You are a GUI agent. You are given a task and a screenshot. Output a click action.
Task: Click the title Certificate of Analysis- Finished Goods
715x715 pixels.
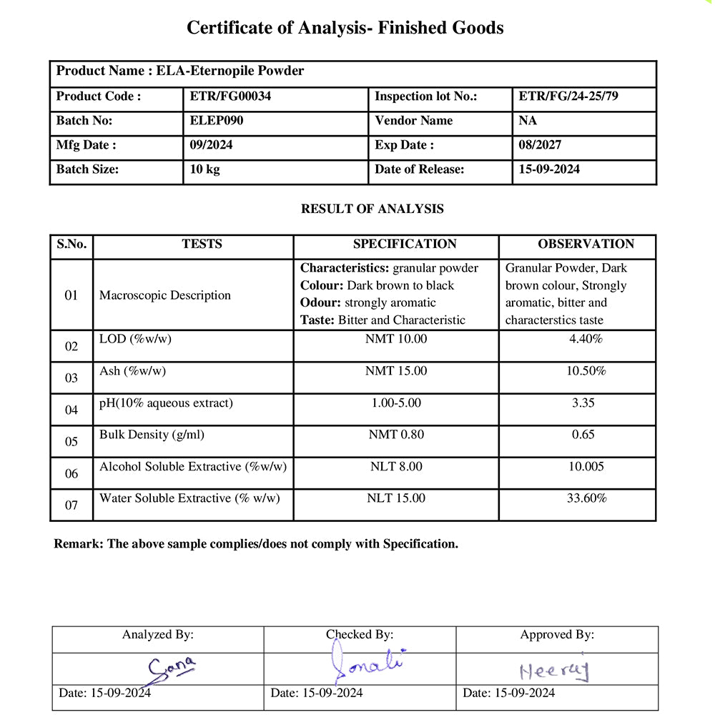pos(345,28)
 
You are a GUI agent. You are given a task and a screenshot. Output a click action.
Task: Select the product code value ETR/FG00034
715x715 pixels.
pos(230,97)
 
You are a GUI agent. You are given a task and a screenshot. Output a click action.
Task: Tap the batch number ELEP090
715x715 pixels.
pos(217,121)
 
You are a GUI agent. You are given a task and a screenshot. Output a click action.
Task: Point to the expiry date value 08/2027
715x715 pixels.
pos(540,145)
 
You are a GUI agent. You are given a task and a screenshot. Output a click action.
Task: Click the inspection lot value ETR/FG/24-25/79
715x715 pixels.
pos(568,97)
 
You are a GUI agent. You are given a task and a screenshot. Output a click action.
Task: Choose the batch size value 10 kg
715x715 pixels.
pos(205,169)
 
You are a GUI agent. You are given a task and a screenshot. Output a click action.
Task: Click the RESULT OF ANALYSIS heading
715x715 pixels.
pos(372,209)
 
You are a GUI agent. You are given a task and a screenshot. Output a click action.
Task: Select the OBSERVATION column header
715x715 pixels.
pos(586,244)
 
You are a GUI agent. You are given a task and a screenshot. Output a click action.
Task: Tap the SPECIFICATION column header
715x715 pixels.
pos(405,244)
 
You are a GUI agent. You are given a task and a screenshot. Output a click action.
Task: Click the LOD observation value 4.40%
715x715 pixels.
pos(586,339)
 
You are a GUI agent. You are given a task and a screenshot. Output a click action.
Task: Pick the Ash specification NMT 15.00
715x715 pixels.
pos(396,371)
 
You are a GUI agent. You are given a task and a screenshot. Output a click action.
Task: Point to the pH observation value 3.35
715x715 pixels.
pos(583,403)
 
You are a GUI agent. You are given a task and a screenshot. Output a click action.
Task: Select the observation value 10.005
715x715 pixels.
pos(586,467)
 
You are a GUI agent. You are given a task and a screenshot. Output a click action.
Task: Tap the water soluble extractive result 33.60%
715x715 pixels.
pos(587,498)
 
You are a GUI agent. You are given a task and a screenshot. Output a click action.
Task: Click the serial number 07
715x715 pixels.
pos(71,506)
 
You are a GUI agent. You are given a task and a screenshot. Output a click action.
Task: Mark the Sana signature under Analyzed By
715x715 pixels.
pos(171,669)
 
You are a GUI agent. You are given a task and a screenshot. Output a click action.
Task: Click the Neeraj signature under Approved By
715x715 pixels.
pos(554,670)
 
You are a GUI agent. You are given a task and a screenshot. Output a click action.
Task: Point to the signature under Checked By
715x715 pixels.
pos(365,665)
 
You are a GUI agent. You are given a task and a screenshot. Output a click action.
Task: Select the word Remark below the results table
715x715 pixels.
pos(78,544)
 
